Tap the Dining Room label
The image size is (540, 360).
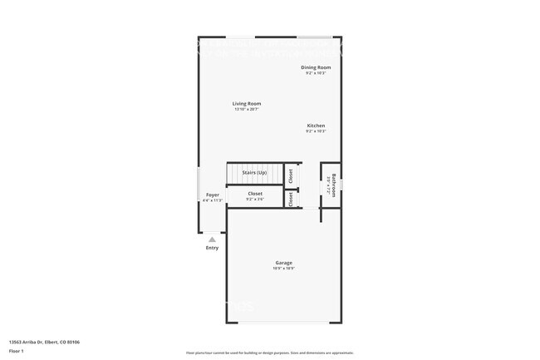click(316, 67)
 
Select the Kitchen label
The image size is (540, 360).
click(316, 126)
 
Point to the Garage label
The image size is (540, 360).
click(283, 263)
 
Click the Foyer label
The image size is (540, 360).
click(213, 195)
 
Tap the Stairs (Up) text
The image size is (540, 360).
click(254, 172)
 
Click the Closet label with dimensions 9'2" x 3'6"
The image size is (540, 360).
click(255, 194)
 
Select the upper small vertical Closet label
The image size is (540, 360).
click(291, 175)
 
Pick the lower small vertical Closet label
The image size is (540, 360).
click(291, 200)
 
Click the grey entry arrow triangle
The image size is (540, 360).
click(212, 239)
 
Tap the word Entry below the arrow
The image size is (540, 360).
click(212, 248)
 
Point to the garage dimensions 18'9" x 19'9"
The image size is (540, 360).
click(283, 269)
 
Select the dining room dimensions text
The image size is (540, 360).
click(316, 73)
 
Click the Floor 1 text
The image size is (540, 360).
click(17, 351)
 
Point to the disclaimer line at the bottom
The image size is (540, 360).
click(270, 353)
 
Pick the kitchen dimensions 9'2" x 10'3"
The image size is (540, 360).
click(316, 131)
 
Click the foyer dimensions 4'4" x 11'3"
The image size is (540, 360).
click(213, 200)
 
